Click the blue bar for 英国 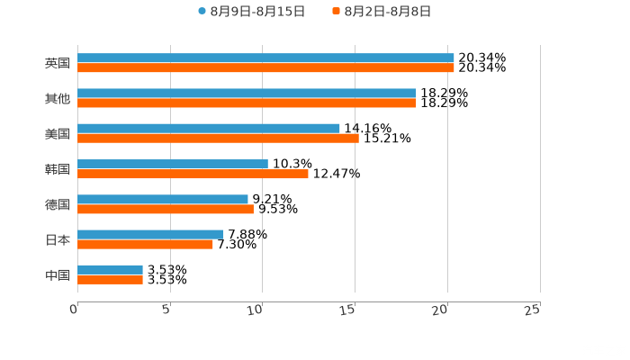point(265,58)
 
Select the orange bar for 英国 point(265,67)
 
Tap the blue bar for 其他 point(247,93)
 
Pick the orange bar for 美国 point(218,138)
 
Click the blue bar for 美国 point(209,128)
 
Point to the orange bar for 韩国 point(193,174)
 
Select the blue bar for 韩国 point(173,164)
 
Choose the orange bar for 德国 point(166,209)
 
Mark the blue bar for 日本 point(150,234)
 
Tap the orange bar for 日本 point(145,244)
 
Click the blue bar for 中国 point(110,269)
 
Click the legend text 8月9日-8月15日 point(257,12)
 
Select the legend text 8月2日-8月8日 point(387,12)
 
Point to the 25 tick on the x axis point(532,310)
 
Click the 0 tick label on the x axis point(74,310)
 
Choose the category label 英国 point(57,63)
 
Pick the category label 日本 point(57,239)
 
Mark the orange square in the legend point(336,12)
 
